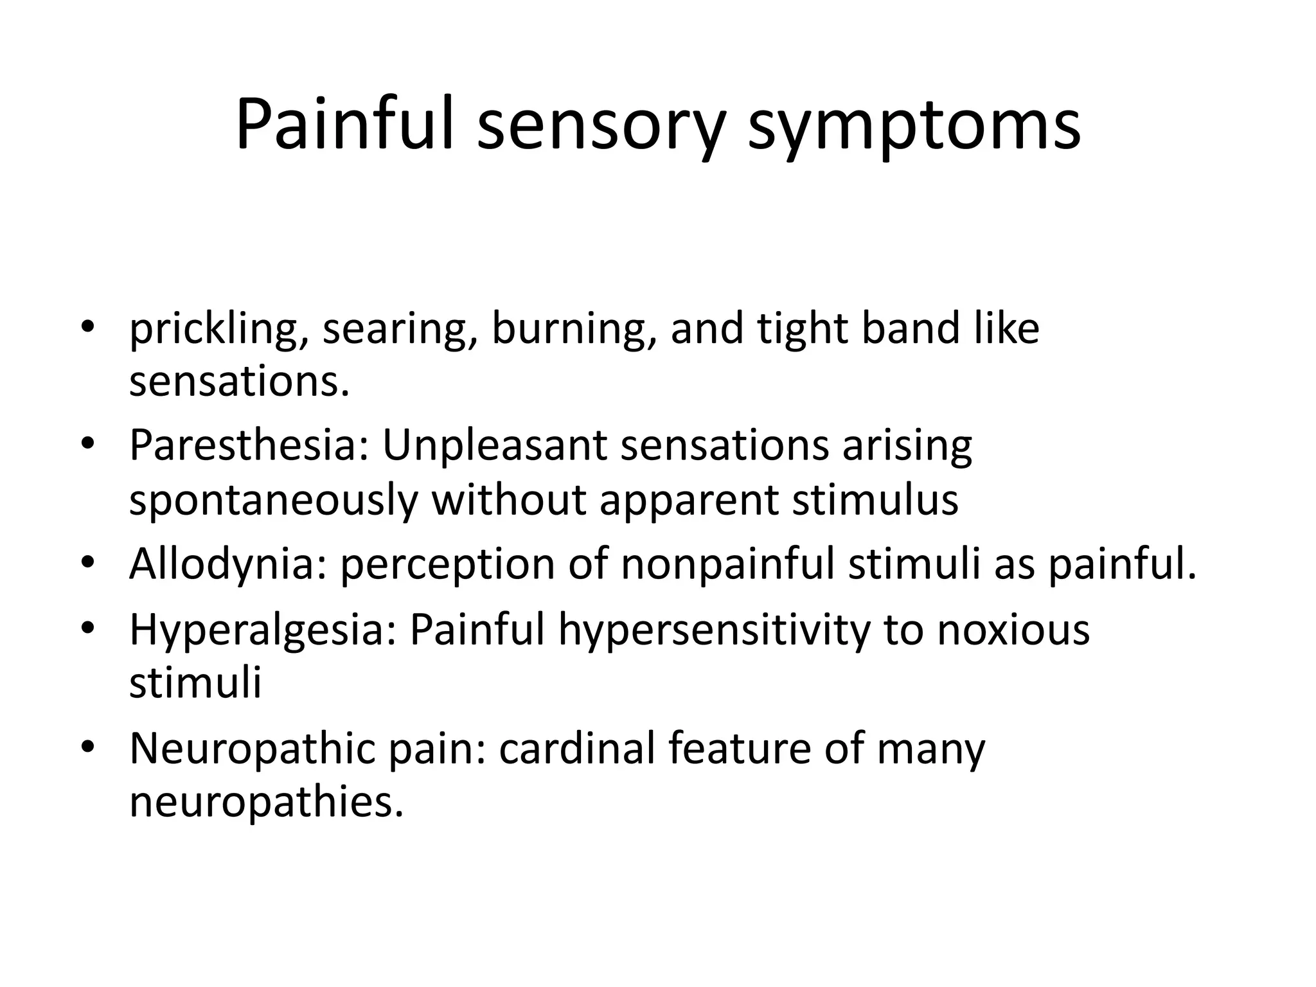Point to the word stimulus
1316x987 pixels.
[875, 499]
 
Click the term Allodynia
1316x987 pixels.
[229, 565]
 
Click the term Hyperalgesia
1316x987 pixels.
[263, 630]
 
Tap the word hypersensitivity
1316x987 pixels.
[714, 630]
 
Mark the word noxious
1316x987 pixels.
[1013, 630]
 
